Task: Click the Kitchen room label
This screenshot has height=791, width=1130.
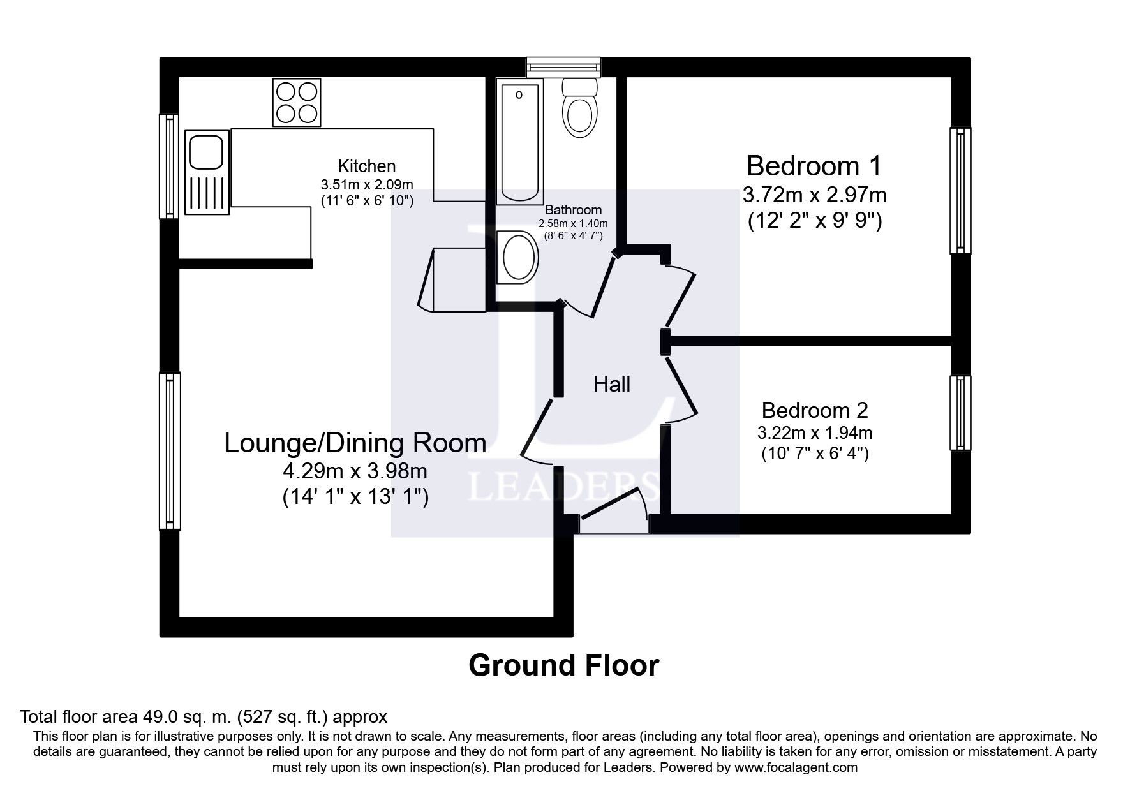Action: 367,166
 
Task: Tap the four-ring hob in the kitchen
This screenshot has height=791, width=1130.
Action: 297,102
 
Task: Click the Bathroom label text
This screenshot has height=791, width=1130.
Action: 573,210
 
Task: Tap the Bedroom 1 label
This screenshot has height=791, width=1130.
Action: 814,166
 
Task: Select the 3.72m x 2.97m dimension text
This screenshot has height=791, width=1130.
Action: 814,194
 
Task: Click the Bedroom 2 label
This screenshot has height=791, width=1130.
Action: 815,410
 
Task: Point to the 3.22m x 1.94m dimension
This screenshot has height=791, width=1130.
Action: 815,433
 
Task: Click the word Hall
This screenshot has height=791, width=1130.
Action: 612,384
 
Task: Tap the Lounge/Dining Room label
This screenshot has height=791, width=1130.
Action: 355,443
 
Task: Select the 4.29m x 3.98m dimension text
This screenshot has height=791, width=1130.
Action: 355,472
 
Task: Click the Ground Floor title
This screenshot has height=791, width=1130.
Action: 564,666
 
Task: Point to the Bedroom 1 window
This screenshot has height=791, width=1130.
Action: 960,190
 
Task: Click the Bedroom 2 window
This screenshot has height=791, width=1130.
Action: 960,413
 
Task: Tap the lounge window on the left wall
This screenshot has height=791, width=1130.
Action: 170,451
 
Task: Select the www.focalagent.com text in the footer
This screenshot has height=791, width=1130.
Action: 796,767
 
